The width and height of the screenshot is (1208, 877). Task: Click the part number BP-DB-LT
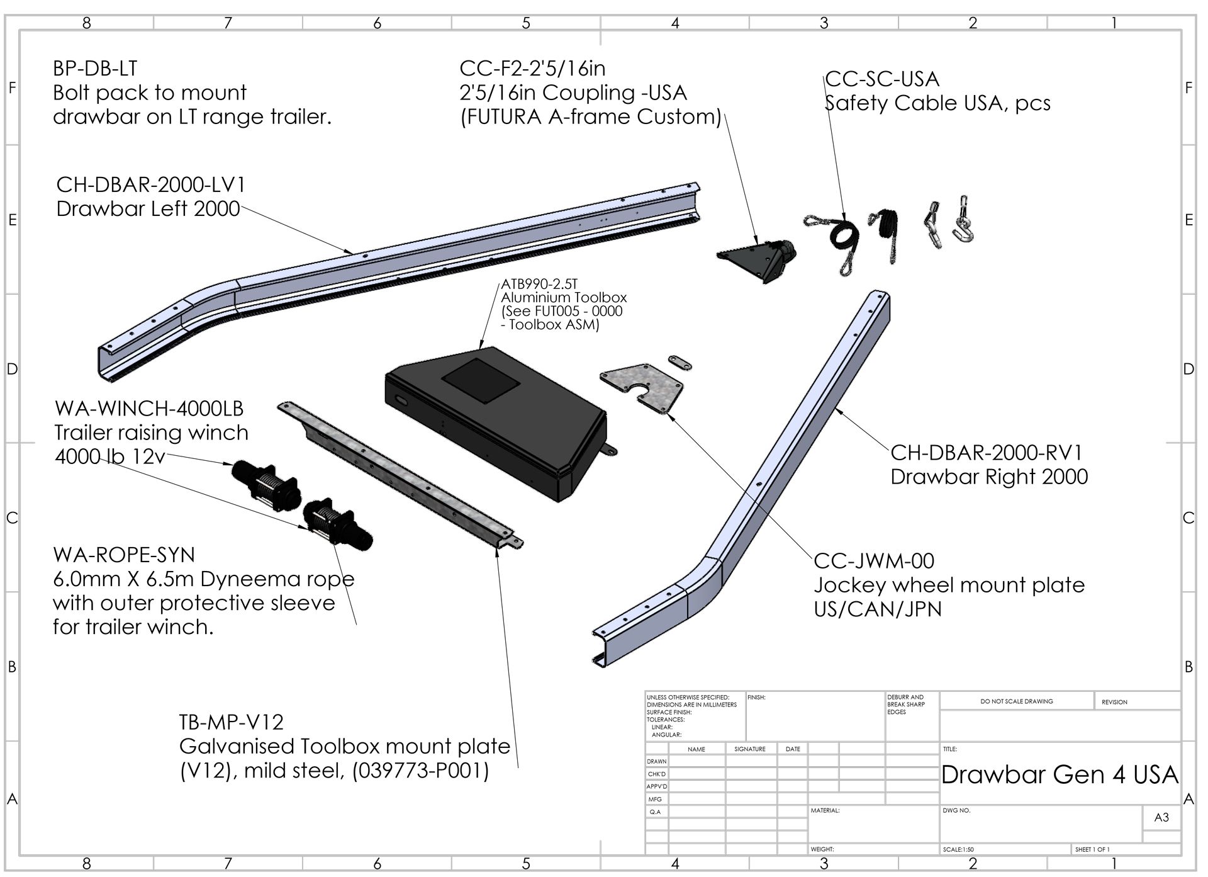click(95, 69)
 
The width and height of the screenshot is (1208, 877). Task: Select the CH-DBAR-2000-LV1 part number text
click(151, 185)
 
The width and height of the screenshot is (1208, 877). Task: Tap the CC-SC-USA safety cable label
click(882, 79)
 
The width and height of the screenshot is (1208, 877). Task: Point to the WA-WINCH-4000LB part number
click(149, 409)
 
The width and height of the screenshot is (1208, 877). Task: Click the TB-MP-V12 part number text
click(232, 722)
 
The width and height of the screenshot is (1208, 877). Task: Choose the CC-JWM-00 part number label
click(874, 561)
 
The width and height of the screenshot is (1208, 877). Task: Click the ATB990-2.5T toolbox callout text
click(539, 284)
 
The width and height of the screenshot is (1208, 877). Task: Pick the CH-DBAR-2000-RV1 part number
click(987, 453)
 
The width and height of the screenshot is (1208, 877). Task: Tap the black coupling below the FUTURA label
click(758, 258)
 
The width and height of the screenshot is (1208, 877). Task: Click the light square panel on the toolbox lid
click(481, 382)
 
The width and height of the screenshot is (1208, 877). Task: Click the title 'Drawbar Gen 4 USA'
click(1060, 774)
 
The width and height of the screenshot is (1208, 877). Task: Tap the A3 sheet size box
click(1161, 817)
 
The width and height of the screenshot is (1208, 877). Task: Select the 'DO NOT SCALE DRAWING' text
click(1017, 701)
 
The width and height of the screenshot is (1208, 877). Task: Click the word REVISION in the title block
click(1114, 702)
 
